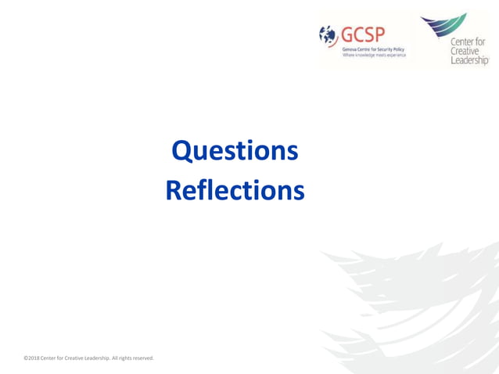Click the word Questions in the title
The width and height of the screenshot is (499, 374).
point(235,151)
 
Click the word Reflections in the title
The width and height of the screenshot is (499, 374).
point(235,190)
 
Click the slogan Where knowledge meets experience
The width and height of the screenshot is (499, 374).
point(374,56)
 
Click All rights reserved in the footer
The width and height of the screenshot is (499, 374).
point(133,358)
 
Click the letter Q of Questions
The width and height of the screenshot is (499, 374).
point(181,151)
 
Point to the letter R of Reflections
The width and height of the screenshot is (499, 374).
point(174,190)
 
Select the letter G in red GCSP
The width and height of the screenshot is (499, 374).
point(345,34)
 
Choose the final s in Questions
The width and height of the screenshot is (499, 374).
point(293,151)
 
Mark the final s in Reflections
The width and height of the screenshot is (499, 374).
point(299,190)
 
